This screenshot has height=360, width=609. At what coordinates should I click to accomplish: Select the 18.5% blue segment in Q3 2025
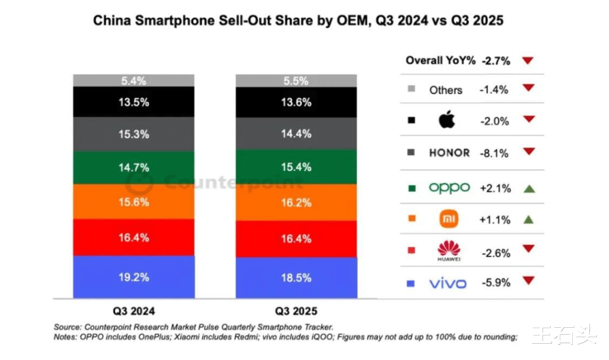coord(296,278)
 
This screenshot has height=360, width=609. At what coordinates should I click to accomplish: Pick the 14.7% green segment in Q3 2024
coord(134,168)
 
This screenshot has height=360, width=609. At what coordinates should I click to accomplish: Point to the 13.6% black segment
coord(296,102)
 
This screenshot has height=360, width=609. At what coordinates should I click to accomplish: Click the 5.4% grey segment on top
coord(134,81)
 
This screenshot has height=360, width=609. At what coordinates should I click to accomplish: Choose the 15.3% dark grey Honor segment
coord(134,134)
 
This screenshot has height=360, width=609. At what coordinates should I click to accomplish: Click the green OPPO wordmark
coord(449,188)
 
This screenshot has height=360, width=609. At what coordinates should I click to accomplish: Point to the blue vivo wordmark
coord(448,283)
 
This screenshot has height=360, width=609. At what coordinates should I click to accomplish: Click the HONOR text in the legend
coord(449,153)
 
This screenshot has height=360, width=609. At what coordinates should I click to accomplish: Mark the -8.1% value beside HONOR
coord(495,153)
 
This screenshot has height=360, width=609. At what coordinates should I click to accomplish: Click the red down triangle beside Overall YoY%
coord(527,61)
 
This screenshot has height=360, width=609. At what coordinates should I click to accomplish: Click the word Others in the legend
coord(446,90)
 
